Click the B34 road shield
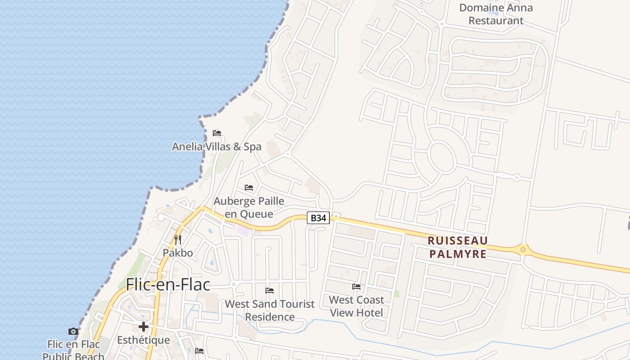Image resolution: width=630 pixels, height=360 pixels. (319, 218)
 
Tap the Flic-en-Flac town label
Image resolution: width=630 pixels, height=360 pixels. (168, 284)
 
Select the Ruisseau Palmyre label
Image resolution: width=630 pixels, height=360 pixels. (458, 247)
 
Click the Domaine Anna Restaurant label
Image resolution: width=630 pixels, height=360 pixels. (496, 14)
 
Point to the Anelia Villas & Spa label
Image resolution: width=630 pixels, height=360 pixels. (216, 147)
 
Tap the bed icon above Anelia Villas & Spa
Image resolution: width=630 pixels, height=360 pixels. (217, 133)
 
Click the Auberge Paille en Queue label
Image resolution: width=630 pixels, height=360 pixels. (249, 207)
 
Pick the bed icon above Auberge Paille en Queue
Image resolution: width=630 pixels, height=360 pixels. (249, 187)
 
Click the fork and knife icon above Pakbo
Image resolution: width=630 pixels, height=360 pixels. (178, 239)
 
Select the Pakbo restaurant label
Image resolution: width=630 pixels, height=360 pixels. (178, 253)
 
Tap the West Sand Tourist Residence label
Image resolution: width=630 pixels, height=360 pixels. (270, 310)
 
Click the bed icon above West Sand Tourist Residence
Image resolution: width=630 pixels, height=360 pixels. (270, 291)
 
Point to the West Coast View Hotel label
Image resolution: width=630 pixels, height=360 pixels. (356, 306)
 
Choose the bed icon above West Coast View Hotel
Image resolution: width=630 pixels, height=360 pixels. (356, 286)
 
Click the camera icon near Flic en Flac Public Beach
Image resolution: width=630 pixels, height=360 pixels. (73, 332)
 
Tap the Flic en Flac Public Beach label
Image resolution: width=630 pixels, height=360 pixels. (73, 351)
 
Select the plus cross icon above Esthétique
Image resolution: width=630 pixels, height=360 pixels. (144, 327)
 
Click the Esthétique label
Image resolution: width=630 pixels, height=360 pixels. (144, 340)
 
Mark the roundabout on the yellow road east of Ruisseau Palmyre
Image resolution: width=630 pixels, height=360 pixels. (523, 249)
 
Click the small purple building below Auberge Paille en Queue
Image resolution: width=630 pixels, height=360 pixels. (243, 230)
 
